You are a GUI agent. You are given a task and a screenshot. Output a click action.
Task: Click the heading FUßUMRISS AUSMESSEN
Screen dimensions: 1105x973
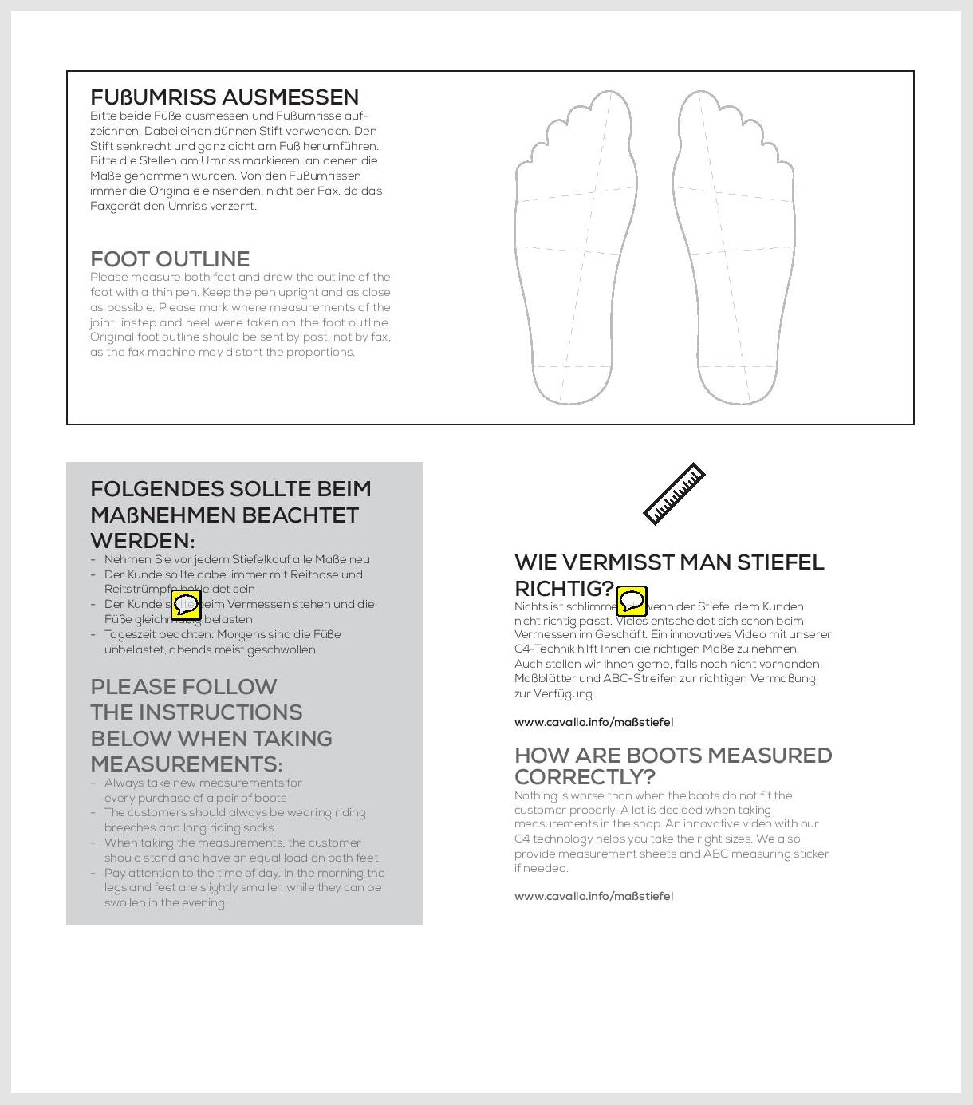pyautogui.click(x=224, y=97)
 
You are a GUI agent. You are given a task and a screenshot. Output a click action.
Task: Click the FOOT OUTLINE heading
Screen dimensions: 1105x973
pyautogui.click(x=170, y=259)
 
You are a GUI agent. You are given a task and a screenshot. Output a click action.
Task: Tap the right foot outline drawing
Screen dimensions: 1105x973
pyautogui.click(x=734, y=247)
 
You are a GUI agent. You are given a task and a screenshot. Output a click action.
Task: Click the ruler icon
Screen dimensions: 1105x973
pyautogui.click(x=674, y=494)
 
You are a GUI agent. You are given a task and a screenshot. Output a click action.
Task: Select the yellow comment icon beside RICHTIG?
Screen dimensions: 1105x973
pyautogui.click(x=632, y=600)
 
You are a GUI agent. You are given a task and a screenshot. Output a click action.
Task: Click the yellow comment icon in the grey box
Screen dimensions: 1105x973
pyautogui.click(x=186, y=605)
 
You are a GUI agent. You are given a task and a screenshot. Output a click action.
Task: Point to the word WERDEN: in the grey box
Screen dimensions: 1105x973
pyautogui.click(x=143, y=541)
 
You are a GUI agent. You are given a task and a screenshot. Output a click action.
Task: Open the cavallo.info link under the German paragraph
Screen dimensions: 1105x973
pyautogui.click(x=593, y=722)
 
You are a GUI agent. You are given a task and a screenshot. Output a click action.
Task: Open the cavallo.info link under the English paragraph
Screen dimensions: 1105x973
pyautogui.click(x=593, y=896)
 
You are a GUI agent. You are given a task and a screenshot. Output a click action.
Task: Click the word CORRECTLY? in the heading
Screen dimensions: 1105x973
pyautogui.click(x=585, y=777)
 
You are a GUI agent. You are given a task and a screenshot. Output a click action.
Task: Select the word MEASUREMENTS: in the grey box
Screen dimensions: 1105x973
pyautogui.click(x=186, y=764)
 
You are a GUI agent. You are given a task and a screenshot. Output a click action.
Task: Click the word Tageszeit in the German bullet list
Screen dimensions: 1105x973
pyautogui.click(x=130, y=634)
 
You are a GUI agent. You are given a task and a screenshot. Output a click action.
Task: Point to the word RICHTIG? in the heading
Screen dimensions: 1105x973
pyautogui.click(x=564, y=589)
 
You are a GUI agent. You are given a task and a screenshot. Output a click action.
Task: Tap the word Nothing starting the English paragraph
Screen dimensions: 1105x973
pyautogui.click(x=535, y=795)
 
